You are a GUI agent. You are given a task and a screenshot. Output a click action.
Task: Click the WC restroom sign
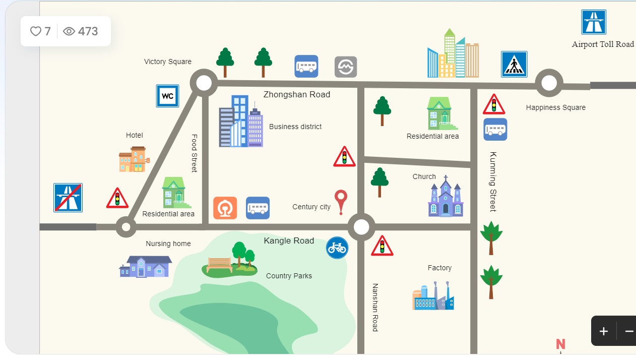click(x=167, y=96)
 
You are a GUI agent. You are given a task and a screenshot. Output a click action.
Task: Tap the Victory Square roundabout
click(x=204, y=83)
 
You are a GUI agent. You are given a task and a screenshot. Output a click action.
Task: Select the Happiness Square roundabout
click(x=549, y=83)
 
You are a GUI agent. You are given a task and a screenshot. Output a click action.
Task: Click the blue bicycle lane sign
click(x=337, y=248)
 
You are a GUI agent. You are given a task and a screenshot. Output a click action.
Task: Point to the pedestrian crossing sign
click(x=514, y=65)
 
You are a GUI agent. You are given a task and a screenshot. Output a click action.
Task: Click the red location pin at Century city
click(x=341, y=201)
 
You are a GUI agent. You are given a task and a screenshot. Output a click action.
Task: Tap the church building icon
click(x=446, y=198)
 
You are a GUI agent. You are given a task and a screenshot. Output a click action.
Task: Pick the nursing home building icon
click(x=145, y=266)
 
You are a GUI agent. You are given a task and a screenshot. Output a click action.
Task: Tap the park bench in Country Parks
click(x=220, y=264)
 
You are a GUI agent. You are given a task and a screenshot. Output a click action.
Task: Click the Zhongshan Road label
click(x=297, y=94)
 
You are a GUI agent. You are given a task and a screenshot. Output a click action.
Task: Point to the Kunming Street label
click(x=493, y=182)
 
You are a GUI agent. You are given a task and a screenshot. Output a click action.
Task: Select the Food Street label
click(x=194, y=153)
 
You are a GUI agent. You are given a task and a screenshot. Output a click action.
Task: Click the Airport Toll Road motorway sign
click(x=594, y=22)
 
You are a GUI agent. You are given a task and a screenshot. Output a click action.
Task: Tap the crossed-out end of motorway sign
click(x=68, y=198)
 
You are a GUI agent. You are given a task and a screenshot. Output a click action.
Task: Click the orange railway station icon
click(x=225, y=208)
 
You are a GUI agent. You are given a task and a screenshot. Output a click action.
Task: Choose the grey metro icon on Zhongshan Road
click(x=346, y=67)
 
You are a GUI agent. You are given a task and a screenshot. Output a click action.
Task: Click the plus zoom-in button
click(x=604, y=331)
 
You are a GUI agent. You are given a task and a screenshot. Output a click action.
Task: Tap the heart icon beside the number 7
click(x=36, y=31)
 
